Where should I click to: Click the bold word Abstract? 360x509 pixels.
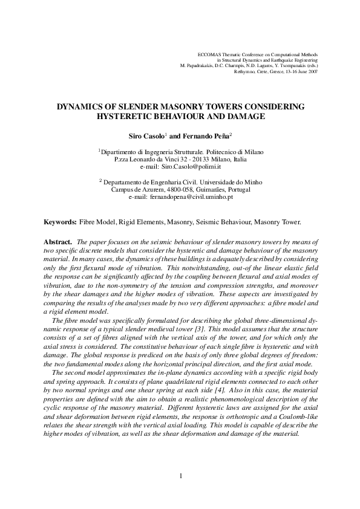tap(60, 241)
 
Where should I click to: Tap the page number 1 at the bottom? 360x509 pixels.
tap(180, 477)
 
